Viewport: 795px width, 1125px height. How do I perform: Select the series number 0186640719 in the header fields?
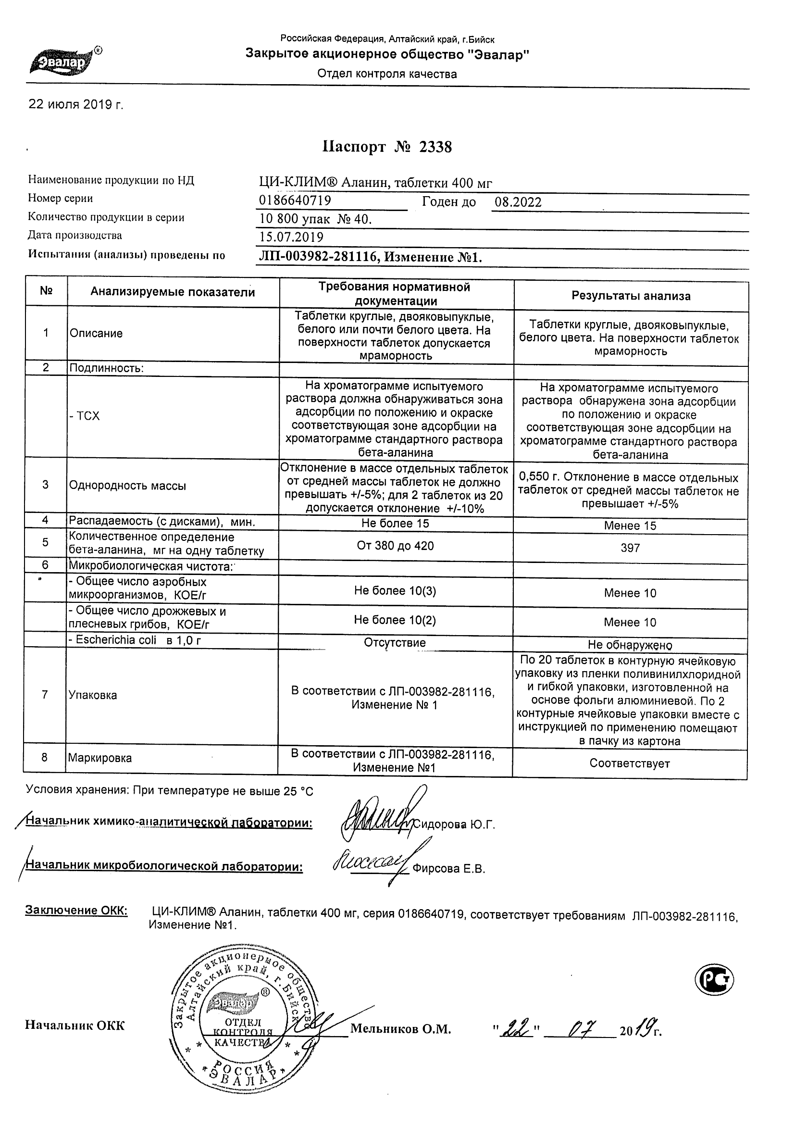(295, 201)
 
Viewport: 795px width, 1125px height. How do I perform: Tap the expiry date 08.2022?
(518, 202)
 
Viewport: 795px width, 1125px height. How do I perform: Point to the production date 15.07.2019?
(291, 237)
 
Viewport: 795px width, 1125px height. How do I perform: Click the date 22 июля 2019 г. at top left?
(76, 104)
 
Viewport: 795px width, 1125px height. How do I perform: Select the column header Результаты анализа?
(631, 296)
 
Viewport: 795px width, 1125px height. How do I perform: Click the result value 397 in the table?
(630, 548)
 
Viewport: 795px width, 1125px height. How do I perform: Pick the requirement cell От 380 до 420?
(395, 546)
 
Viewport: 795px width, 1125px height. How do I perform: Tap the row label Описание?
(96, 334)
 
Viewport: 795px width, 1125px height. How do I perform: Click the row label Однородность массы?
(127, 486)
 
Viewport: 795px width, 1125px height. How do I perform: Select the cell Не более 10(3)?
(395, 591)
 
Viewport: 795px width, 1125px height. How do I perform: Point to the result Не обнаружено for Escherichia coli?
(630, 645)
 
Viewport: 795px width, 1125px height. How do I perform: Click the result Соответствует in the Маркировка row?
(630, 763)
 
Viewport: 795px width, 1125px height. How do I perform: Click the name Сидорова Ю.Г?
(454, 825)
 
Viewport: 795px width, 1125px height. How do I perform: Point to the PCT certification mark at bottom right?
(714, 980)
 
